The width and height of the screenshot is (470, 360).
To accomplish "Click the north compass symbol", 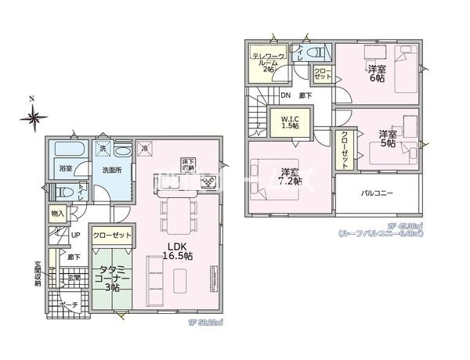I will (34, 118).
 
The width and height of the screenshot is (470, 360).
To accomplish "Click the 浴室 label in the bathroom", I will (65, 168).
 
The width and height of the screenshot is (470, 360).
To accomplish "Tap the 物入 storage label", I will (57, 213).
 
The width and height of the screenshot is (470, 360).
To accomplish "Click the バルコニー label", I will (378, 193).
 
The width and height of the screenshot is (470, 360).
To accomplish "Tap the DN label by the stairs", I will (287, 97).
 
